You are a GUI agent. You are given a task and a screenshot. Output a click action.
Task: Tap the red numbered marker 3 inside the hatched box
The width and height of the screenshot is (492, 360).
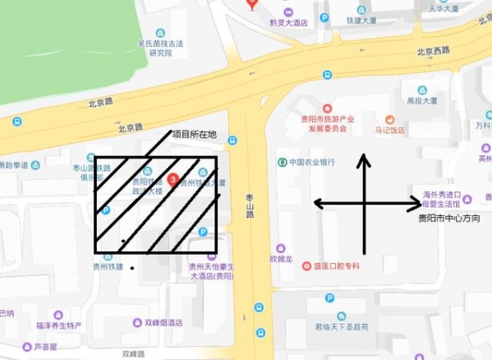click(173, 178)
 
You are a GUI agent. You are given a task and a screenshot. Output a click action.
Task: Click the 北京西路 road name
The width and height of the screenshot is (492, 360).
click(433, 51)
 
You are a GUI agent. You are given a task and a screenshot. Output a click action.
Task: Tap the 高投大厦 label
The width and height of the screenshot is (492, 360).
click(421, 101)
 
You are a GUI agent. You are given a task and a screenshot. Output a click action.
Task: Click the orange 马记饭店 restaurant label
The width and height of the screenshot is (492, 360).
click(390, 130)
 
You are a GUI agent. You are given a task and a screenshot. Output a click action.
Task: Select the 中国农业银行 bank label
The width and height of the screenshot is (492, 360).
click(312, 162)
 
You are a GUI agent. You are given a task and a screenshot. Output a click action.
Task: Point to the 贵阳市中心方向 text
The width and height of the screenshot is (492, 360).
click(448, 219)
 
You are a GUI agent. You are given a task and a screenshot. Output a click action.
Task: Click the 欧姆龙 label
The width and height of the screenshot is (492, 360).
click(281, 258)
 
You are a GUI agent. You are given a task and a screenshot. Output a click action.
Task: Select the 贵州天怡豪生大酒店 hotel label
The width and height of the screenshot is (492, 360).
click(212, 271)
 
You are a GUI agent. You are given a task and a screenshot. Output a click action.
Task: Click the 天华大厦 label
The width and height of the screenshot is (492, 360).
click(443, 8)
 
